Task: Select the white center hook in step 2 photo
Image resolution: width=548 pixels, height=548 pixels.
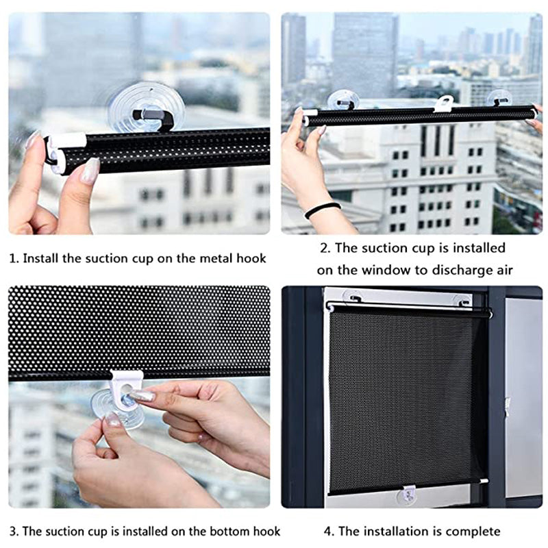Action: point(443,103)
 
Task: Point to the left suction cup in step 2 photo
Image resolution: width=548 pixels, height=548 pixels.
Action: point(343,100)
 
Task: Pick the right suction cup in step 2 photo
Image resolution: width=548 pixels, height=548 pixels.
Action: point(500,98)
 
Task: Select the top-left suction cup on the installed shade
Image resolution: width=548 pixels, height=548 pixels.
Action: point(353,298)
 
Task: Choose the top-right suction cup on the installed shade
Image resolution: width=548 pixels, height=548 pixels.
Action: point(463,300)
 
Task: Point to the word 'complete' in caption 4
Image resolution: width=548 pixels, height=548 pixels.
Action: point(472,531)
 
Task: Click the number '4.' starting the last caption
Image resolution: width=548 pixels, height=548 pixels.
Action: point(328,531)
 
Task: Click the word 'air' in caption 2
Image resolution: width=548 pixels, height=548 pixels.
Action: point(501,270)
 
